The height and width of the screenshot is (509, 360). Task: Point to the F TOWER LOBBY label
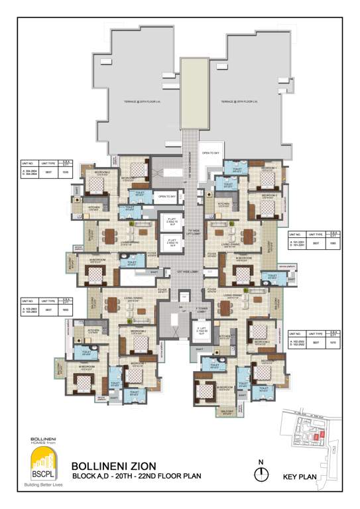tap(202, 310)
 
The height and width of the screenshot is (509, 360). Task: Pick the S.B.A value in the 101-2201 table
tap(334, 243)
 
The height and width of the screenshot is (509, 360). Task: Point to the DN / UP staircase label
tap(180, 310)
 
